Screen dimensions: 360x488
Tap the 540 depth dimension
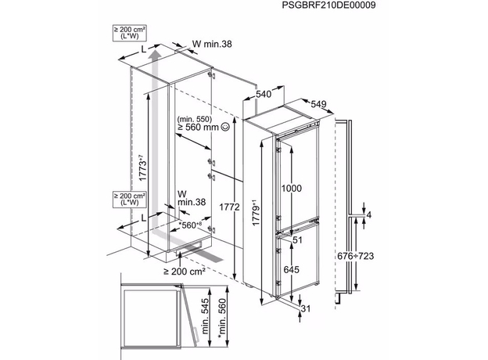tap(264, 94)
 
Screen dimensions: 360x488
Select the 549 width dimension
tap(317, 103)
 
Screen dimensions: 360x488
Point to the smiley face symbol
tap(225, 125)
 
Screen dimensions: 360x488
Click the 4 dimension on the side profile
tap(371, 214)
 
